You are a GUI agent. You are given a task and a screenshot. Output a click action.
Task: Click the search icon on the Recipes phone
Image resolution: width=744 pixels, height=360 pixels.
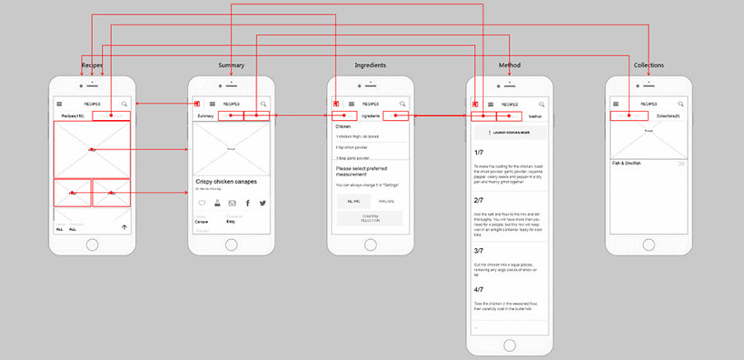pyautogui.click(x=124, y=104)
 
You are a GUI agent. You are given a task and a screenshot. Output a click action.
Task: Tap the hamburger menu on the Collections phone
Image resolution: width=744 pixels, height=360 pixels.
pyautogui.click(x=613, y=104)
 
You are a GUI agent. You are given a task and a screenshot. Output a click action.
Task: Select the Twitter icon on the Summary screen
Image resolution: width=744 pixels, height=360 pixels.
pyautogui.click(x=263, y=202)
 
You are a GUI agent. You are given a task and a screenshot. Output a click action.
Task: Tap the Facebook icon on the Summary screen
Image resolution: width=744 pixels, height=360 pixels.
pyautogui.click(x=247, y=202)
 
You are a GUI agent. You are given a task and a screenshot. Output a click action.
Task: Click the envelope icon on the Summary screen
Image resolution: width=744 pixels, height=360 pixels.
pyautogui.click(x=232, y=202)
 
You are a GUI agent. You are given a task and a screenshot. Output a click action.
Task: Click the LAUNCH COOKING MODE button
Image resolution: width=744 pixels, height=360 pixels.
pyautogui.click(x=509, y=132)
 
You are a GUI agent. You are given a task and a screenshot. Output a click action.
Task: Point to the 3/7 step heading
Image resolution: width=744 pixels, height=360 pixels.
pyautogui.click(x=478, y=250)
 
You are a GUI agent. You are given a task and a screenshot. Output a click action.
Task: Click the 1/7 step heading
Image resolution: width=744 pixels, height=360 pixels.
pyautogui.click(x=478, y=153)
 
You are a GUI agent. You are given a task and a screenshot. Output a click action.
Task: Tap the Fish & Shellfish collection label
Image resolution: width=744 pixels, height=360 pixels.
pyautogui.click(x=631, y=164)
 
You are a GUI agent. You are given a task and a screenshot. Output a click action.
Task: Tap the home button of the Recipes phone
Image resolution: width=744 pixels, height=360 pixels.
pyautogui.click(x=92, y=245)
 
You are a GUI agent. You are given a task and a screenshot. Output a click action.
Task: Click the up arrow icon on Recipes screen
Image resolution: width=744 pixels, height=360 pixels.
pyautogui.click(x=123, y=227)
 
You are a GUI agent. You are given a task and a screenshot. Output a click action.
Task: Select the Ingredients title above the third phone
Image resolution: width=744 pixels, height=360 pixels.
pyautogui.click(x=370, y=65)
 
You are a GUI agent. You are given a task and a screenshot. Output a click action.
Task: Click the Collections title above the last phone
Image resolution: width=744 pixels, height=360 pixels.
pyautogui.click(x=649, y=65)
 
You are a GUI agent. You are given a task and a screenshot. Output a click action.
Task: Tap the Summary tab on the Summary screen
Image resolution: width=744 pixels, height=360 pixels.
pyautogui.click(x=206, y=117)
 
